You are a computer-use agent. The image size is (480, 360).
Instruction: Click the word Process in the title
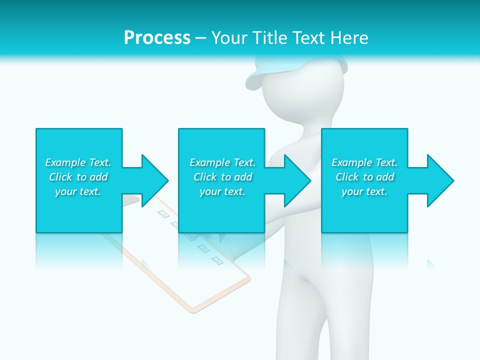tap(157, 38)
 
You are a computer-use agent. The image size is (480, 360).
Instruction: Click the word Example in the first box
tap(65, 162)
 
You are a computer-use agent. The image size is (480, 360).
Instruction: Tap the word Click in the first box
tap(60, 177)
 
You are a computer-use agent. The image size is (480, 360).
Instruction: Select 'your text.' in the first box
tap(78, 191)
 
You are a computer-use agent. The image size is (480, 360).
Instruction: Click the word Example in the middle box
tap(209, 162)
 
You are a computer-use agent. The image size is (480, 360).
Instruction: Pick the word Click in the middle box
tap(205, 177)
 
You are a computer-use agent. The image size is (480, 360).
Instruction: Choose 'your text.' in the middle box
tap(222, 191)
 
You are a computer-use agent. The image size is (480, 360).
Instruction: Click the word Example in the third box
tap(351, 162)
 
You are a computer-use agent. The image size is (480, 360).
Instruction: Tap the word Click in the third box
tap(347, 177)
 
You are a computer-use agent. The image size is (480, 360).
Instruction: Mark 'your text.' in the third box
tap(364, 191)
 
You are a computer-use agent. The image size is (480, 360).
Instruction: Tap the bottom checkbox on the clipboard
tap(217, 260)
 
